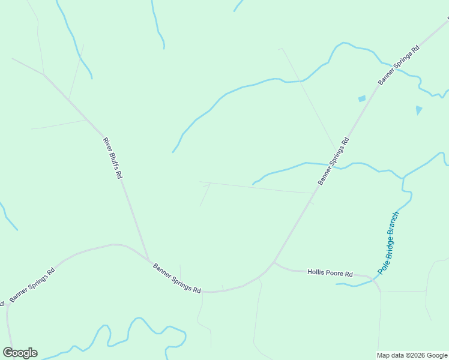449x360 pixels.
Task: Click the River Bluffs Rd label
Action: pyautogui.click(x=113, y=158)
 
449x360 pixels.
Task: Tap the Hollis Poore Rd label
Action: pyautogui.click(x=330, y=273)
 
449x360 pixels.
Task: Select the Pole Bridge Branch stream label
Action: pyautogui.click(x=388, y=243)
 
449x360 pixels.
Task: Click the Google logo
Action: pyautogui.click(x=20, y=353)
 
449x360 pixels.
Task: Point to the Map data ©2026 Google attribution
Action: pyautogui.click(x=412, y=355)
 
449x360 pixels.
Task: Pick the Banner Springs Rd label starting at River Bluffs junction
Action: pyautogui.click(x=176, y=278)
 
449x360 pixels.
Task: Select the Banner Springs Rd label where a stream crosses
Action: pyautogui.click(x=333, y=161)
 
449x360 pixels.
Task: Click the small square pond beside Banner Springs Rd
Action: pyautogui.click(x=361, y=98)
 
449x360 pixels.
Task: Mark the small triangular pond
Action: pyautogui.click(x=418, y=110)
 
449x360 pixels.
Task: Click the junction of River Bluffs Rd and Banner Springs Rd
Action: pyautogui.click(x=148, y=260)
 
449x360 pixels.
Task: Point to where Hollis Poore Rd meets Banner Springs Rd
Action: pyautogui.click(x=274, y=262)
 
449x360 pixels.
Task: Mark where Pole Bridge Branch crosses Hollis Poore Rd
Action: pyautogui.click(x=375, y=278)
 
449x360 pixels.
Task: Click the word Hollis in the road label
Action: pyautogui.click(x=316, y=272)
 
